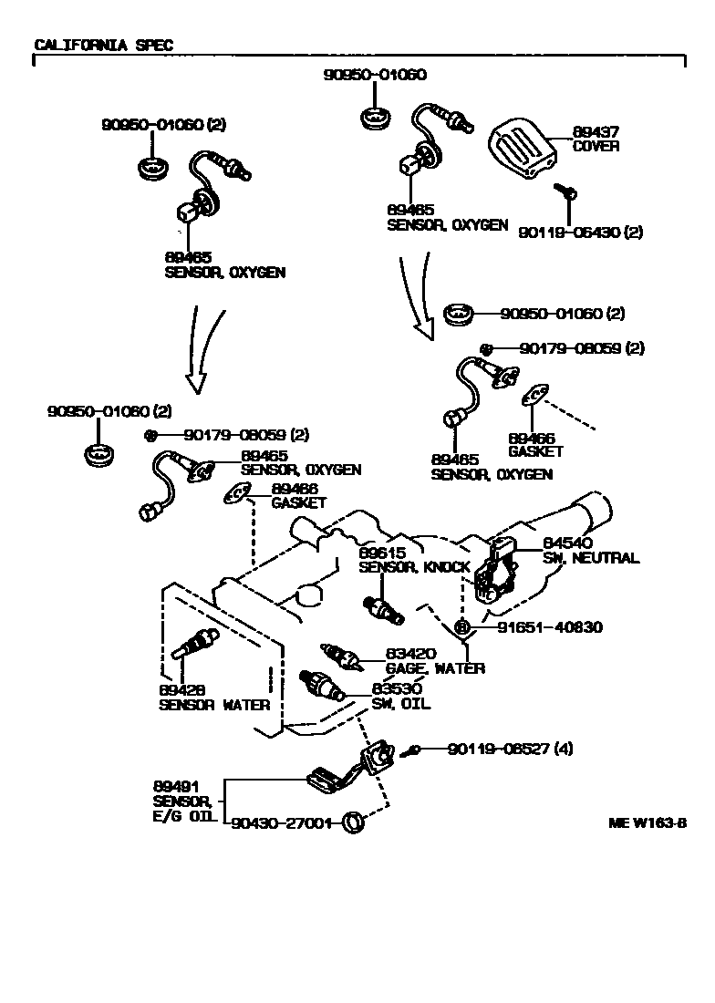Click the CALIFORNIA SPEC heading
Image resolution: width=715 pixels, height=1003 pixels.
click(103, 44)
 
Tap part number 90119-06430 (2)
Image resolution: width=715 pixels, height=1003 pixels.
click(579, 233)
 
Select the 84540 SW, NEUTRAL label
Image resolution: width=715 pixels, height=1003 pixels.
click(591, 552)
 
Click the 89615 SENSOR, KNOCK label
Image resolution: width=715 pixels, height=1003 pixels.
click(413, 560)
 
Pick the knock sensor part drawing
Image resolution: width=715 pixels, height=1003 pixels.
click(384, 610)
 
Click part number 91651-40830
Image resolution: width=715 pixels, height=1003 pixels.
click(550, 627)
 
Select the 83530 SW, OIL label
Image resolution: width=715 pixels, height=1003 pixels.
click(401, 696)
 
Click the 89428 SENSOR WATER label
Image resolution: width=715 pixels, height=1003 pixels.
click(214, 698)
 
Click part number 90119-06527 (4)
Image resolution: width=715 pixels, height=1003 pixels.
click(510, 750)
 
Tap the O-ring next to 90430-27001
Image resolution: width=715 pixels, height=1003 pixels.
click(352, 822)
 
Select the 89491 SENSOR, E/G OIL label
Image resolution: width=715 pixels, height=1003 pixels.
click(182, 801)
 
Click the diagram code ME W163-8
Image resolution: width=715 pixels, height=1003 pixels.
click(648, 822)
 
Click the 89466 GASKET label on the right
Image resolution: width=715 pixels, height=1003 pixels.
click(535, 444)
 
